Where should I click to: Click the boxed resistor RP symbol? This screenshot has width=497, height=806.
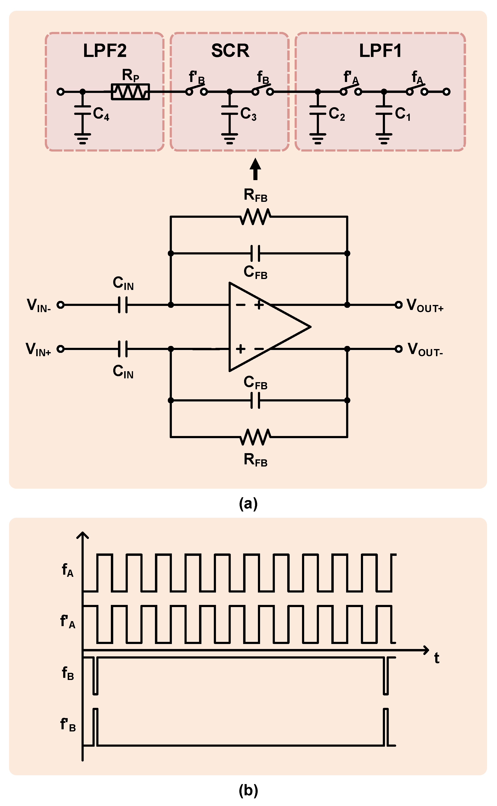click(130, 92)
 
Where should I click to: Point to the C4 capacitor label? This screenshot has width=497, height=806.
click(101, 114)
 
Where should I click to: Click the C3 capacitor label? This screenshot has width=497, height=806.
click(248, 114)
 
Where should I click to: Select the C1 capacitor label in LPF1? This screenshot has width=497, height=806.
click(402, 114)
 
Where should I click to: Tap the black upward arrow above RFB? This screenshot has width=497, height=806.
click(255, 169)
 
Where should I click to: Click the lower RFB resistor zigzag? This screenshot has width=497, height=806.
click(255, 437)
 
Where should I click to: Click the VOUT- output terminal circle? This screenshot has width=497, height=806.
click(398, 349)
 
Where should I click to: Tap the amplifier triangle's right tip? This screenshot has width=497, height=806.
click(310, 327)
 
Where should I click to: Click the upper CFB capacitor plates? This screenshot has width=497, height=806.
click(255, 253)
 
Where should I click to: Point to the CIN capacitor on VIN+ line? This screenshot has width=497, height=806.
click(123, 349)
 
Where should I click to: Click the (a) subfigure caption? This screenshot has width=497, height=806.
click(248, 503)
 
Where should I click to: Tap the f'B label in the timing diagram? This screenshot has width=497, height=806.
click(68, 724)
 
